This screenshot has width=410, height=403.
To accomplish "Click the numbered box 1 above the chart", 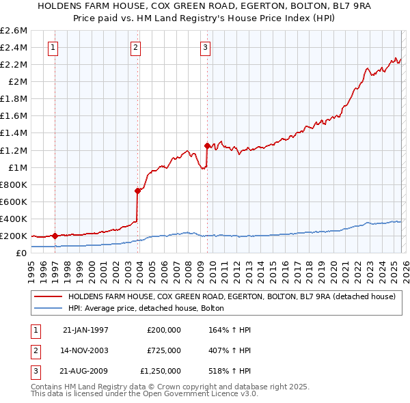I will (x=53, y=47).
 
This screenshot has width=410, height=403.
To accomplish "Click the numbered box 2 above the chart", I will (x=136, y=47).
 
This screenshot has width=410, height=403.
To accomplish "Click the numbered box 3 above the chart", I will (x=205, y=47).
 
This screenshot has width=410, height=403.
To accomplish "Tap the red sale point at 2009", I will (x=206, y=145).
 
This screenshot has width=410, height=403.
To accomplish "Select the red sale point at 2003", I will (x=137, y=191).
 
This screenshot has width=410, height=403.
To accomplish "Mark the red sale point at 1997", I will (x=55, y=236).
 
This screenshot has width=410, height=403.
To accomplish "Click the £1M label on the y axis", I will (x=18, y=167).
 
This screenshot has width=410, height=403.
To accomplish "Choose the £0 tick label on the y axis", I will (x=21, y=253).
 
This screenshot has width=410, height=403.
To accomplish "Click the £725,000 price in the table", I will (x=164, y=350).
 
